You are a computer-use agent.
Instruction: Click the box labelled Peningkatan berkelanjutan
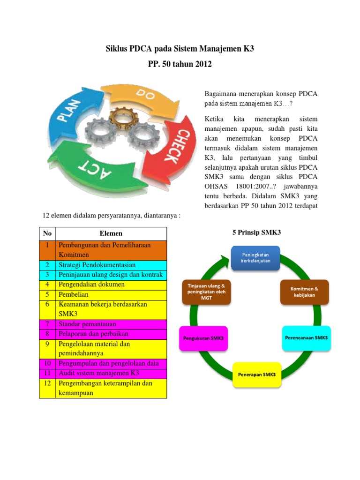coord(255,257)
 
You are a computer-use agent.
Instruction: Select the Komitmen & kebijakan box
coord(305,292)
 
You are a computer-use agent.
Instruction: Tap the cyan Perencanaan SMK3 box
coord(306,337)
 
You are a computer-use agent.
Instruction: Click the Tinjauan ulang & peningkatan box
coord(206,292)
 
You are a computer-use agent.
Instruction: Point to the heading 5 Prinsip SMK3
coord(256,232)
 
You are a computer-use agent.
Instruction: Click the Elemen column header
coord(111,233)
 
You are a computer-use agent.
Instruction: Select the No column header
coord(47,233)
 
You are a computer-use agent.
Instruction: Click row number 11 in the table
coord(47,373)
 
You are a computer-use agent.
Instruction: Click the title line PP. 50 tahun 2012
coord(180,64)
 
